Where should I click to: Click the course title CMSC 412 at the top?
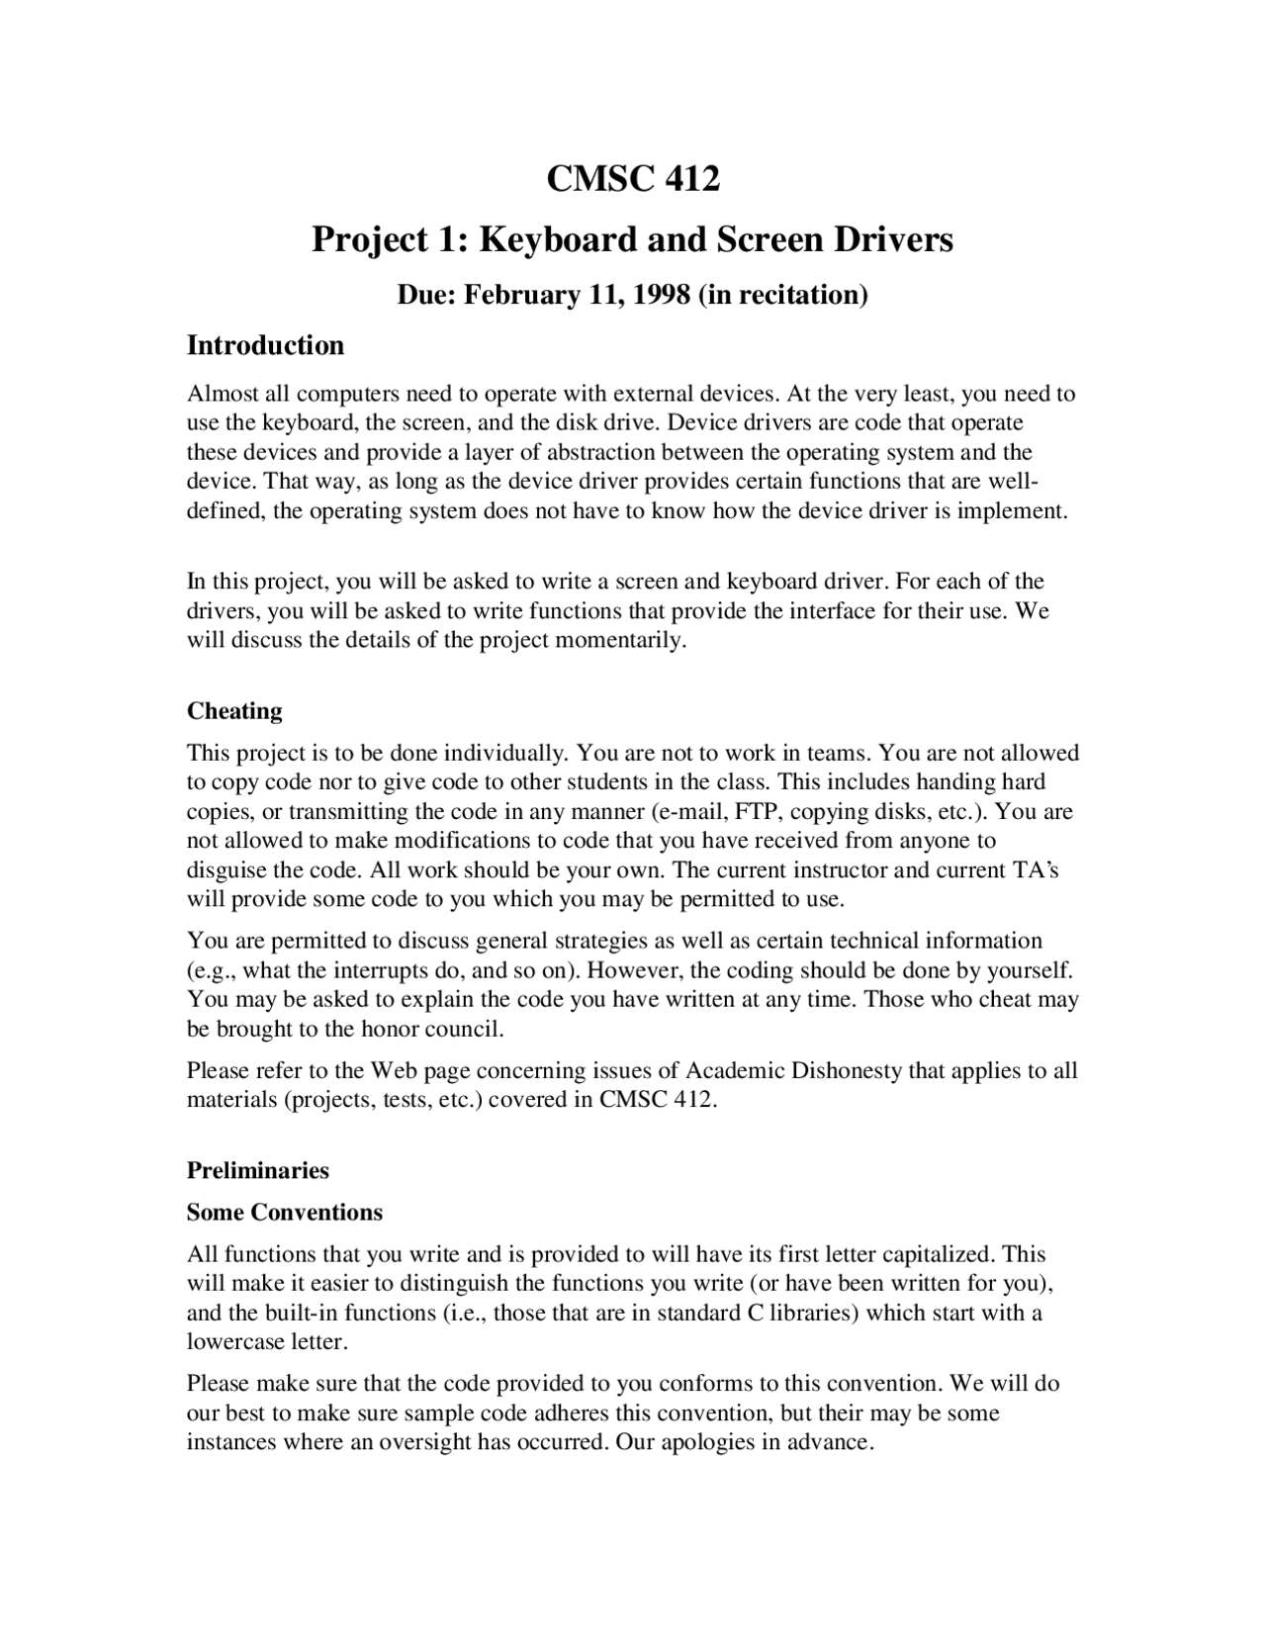(x=633, y=179)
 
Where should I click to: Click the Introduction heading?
(x=265, y=345)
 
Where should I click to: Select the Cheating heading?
(x=234, y=711)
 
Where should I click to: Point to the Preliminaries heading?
(x=257, y=1171)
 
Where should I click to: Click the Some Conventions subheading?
(x=284, y=1213)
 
